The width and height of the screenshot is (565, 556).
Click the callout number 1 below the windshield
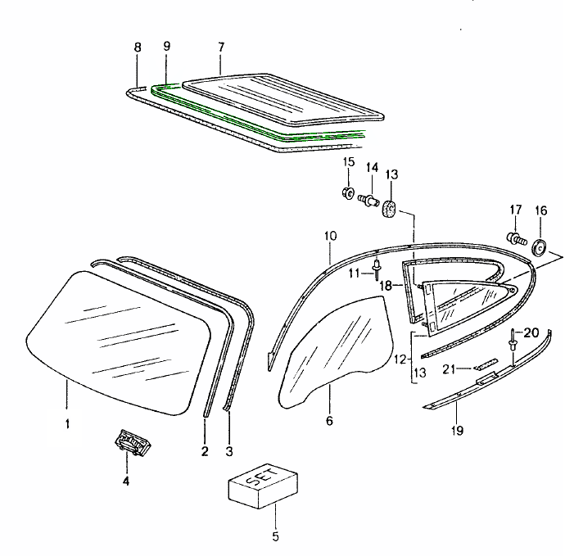68,423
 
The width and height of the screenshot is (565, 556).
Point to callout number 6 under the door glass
329,421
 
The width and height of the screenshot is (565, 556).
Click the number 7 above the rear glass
221,47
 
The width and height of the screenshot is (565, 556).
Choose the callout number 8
138,47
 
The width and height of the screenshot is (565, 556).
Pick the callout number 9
166,47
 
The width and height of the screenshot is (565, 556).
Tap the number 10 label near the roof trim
330,237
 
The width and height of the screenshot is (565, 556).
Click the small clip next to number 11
376,268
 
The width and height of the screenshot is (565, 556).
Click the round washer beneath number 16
540,246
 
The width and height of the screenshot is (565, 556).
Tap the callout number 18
385,285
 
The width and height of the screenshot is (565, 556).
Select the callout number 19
456,430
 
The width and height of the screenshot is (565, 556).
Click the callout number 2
204,450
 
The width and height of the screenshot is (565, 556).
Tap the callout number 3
228,450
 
